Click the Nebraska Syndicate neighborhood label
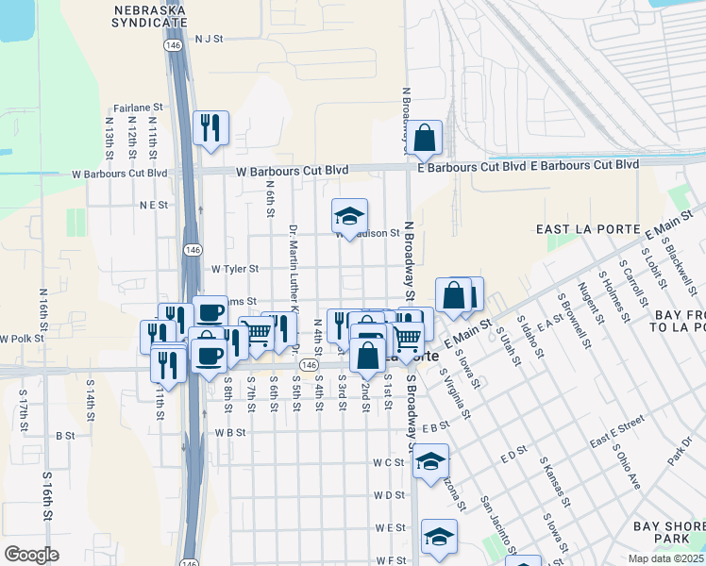148,16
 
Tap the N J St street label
208,40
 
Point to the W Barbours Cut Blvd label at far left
120,174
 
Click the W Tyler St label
234,269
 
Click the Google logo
31,554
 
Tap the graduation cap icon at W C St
430,461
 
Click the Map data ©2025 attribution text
666,558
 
